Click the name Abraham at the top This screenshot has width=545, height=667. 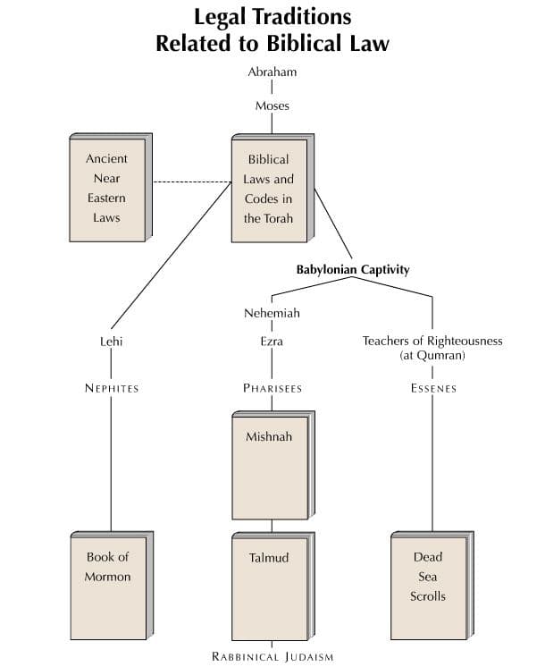click(x=272, y=72)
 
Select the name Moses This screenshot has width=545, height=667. click(x=272, y=106)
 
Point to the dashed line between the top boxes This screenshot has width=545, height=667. click(x=191, y=182)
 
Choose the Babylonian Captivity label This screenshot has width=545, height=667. click(x=353, y=269)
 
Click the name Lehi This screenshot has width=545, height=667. click(x=112, y=341)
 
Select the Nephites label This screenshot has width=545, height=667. click(x=112, y=388)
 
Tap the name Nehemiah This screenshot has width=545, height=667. click(x=272, y=314)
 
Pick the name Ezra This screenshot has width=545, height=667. click(x=272, y=341)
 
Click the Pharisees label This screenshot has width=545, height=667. click(x=272, y=388)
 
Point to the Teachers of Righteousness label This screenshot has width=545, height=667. click(x=432, y=341)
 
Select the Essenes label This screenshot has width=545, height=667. click(x=433, y=388)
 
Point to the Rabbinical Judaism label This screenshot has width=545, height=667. click(x=272, y=657)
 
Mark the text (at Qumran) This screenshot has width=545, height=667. click(x=432, y=355)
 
